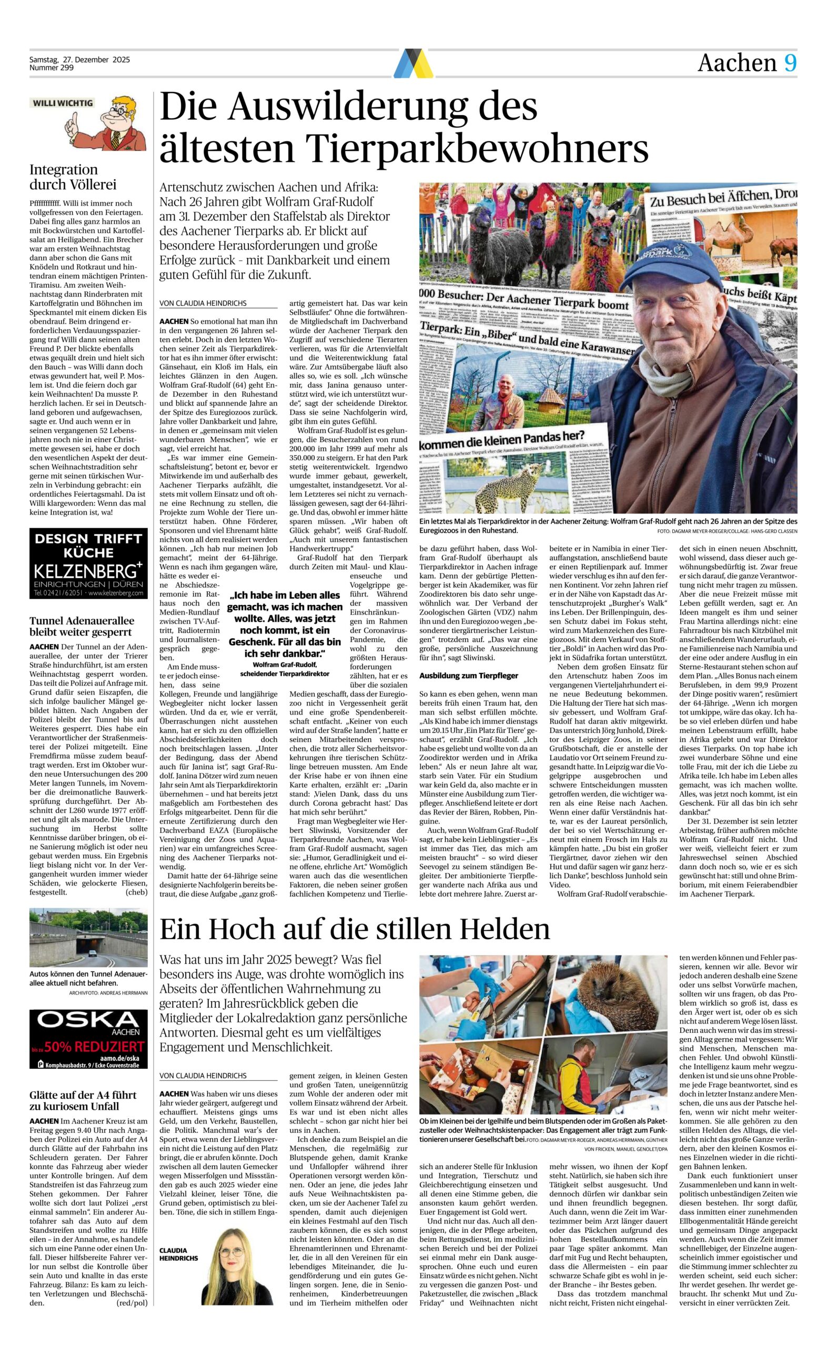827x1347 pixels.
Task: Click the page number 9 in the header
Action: point(790,64)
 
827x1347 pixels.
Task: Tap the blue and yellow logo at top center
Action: point(413,63)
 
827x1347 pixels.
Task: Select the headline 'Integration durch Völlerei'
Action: point(73,177)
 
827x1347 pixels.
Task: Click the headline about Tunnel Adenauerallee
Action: point(82,626)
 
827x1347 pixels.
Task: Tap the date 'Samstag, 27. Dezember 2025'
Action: point(80,60)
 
